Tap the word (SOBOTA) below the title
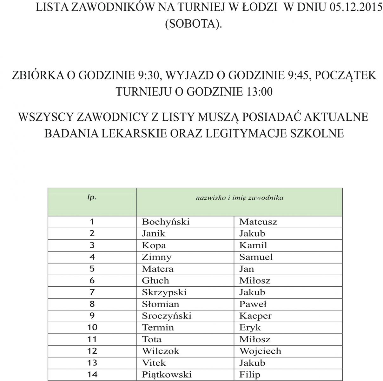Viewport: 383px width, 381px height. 193,24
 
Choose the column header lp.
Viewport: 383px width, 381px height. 92,197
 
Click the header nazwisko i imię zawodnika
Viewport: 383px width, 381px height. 239,198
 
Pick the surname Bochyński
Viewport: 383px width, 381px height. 165,222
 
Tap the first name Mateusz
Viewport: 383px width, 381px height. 258,222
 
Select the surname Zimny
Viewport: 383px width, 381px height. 156,257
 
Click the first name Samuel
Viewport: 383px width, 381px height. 256,257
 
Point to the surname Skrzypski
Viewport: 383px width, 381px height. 164,292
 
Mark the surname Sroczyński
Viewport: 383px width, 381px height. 167,316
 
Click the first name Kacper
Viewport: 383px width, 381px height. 255,316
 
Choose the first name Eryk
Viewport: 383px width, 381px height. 250,327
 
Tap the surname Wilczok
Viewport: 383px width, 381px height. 161,351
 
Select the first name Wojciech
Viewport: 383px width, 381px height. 260,351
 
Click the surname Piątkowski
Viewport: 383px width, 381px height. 167,375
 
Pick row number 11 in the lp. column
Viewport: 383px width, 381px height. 92,339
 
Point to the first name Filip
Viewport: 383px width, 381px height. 249,375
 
